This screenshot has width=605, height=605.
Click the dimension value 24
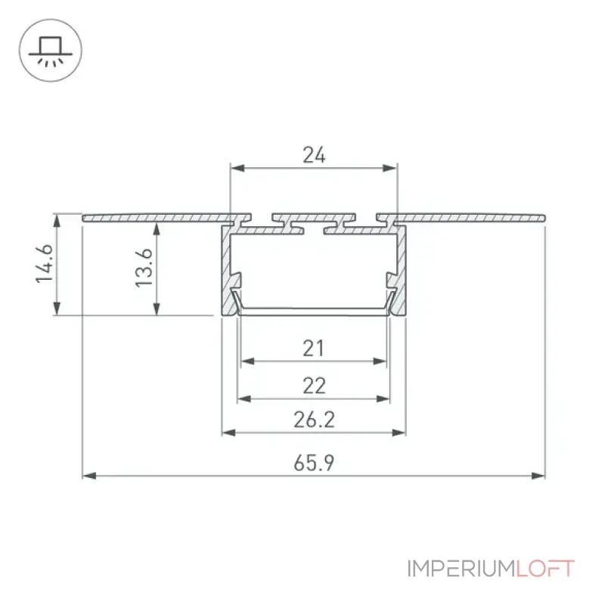coord(314,155)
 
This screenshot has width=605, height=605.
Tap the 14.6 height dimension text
coord(44,264)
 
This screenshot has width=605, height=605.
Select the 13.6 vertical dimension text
coord(144,268)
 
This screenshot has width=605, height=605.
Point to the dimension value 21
coord(313,349)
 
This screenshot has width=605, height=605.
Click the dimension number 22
coord(314,386)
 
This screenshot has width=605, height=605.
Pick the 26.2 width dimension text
coord(314,420)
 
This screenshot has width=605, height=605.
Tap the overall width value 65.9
coord(314,463)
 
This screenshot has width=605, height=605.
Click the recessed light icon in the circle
coord(51,51)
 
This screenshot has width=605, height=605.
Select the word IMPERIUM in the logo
coord(461,569)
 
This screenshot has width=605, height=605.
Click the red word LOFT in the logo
coord(545,569)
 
